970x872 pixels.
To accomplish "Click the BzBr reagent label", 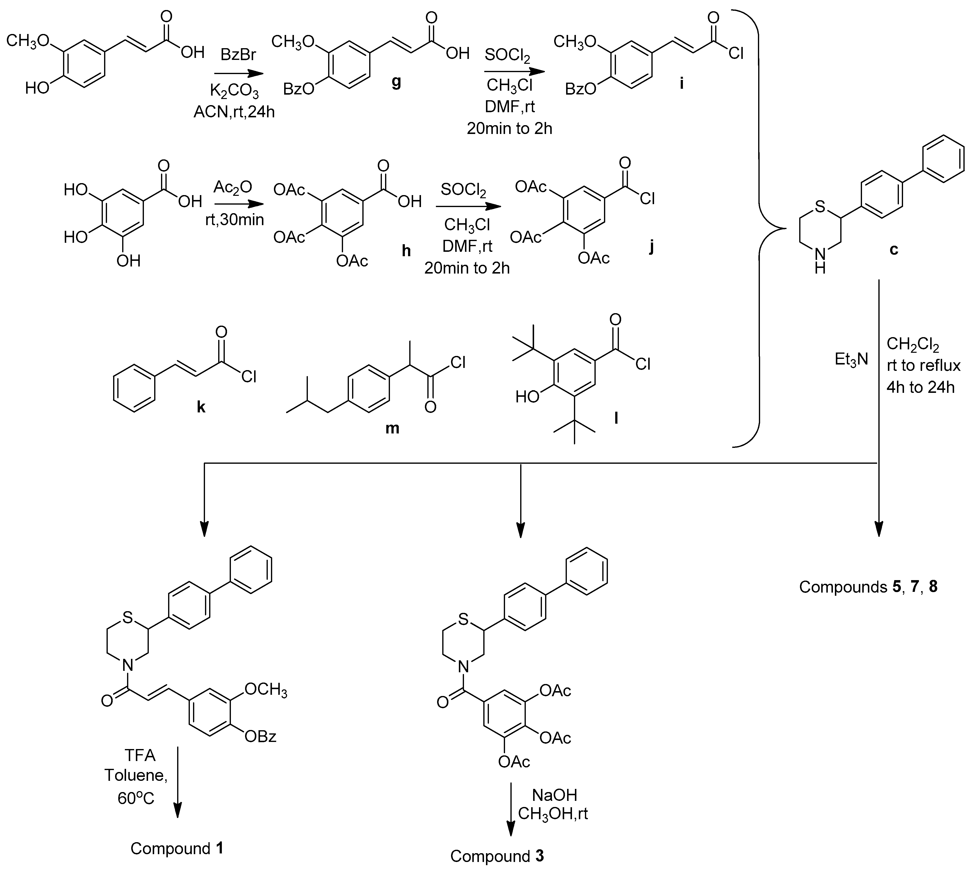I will click(238, 55).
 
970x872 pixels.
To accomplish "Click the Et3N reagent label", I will click(851, 359).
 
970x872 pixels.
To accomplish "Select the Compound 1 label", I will click(177, 849).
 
